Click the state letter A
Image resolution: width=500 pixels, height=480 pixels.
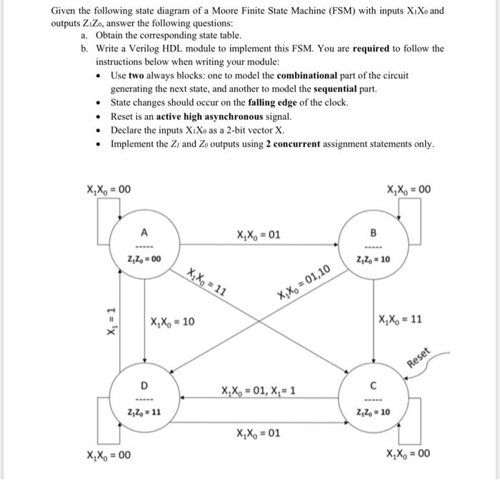144,231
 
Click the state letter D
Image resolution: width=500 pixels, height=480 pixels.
144,386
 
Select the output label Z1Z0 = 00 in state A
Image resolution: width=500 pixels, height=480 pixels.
144,258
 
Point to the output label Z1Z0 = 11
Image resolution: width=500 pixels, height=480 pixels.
144,412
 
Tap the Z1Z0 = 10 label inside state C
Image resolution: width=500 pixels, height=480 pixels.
373,412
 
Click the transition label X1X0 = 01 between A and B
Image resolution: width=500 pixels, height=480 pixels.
258,234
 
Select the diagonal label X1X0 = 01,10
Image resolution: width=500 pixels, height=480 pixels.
304,284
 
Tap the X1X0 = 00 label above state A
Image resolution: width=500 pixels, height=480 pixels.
108,189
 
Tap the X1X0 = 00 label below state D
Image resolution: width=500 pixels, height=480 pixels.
108,454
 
